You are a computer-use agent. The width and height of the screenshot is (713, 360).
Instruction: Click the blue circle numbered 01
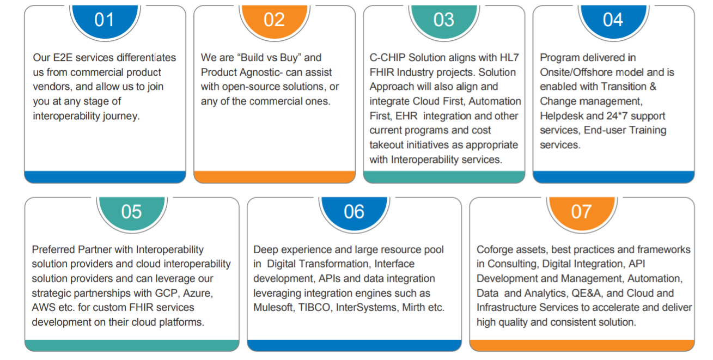[x=105, y=21]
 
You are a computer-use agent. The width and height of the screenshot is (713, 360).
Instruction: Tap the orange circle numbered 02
[x=275, y=21]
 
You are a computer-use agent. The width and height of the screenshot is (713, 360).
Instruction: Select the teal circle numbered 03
[x=444, y=21]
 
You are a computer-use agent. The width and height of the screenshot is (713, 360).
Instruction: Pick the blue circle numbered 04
[x=613, y=21]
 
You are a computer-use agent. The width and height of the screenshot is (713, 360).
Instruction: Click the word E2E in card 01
[x=63, y=58]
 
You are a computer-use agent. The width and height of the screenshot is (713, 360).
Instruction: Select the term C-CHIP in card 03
[x=387, y=58]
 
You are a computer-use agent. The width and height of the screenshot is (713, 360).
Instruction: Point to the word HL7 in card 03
[x=509, y=58]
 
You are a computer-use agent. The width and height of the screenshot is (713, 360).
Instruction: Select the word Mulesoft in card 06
[x=273, y=308]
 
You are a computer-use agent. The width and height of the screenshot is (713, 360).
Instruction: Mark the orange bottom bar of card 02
[x=275, y=177]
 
